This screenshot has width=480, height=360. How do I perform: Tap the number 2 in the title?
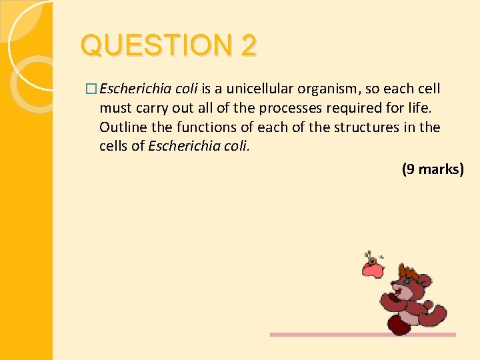(248, 46)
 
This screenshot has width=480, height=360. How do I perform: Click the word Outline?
(122, 127)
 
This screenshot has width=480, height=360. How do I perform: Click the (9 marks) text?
(432, 169)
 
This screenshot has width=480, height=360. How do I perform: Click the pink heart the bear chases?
(372, 268)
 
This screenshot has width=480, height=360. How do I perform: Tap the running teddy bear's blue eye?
(407, 282)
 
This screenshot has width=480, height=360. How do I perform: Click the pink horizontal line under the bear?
(363, 335)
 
